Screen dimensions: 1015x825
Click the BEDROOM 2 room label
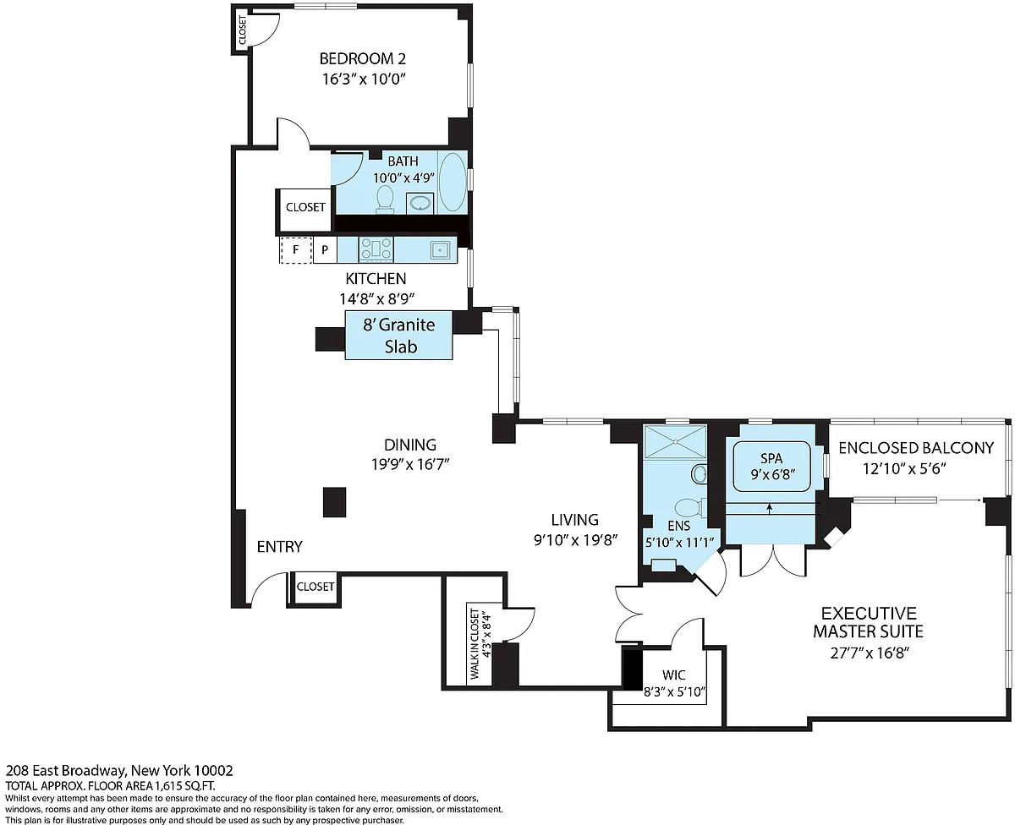click(363, 59)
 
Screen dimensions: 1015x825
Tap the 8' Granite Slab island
click(398, 335)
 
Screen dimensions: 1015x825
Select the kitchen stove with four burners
click(376, 249)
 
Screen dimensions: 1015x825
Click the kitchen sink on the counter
click(440, 249)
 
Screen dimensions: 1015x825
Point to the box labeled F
click(296, 250)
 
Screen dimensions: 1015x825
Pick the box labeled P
click(325, 250)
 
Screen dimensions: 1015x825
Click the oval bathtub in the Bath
click(453, 183)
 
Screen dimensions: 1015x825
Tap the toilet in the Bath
click(385, 199)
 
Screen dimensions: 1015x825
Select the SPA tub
click(771, 467)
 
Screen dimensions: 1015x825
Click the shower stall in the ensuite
click(675, 442)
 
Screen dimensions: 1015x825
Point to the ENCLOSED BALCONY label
click(916, 448)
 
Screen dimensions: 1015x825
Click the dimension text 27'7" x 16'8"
click(870, 653)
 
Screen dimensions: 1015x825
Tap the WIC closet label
click(674, 675)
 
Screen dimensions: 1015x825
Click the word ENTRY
click(280, 547)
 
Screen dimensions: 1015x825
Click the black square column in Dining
click(334, 502)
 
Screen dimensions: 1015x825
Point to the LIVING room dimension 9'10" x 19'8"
click(576, 540)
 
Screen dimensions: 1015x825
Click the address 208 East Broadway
click(66, 770)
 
